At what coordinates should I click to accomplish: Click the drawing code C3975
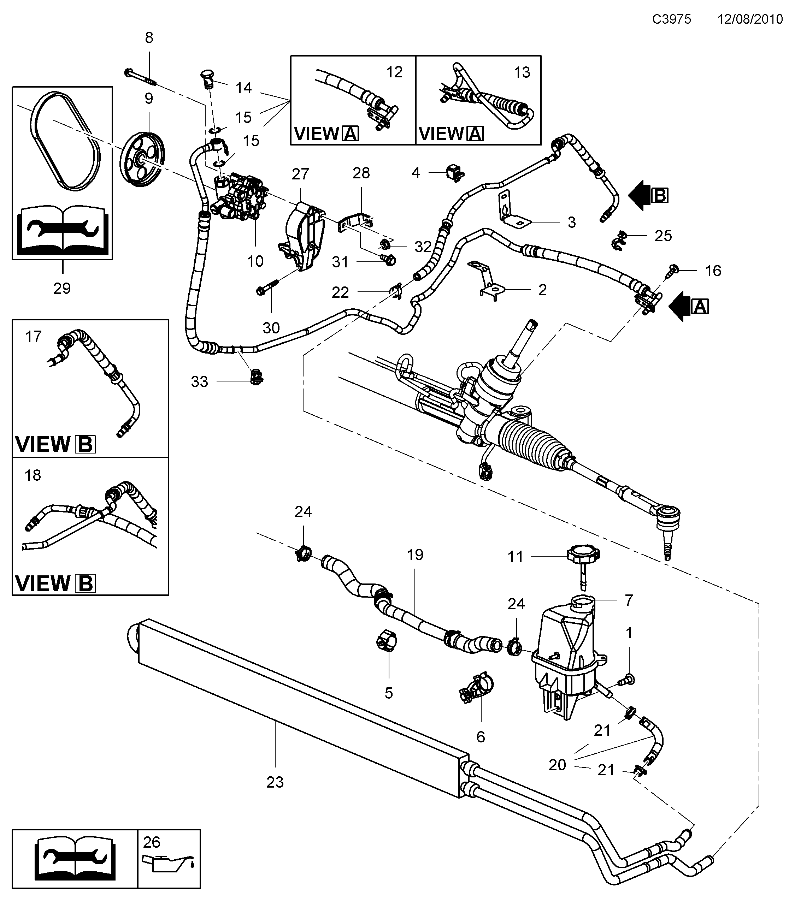click(x=672, y=19)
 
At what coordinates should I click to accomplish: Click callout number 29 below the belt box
click(x=62, y=289)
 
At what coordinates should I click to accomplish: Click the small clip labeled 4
click(x=455, y=173)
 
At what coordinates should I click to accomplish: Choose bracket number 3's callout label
click(x=571, y=223)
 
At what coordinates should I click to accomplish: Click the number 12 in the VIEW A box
click(x=394, y=72)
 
